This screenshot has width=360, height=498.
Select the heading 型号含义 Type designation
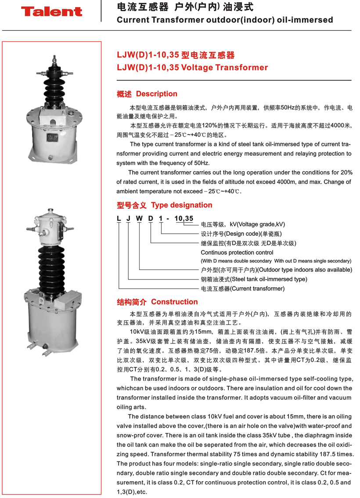[164, 205]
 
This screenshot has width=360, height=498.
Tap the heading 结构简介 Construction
[157, 302]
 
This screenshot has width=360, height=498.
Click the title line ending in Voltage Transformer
[192, 68]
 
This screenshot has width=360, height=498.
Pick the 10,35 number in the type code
[184, 218]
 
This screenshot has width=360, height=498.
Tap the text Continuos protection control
[237, 253]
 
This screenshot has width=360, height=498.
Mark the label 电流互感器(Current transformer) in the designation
[242, 289]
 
